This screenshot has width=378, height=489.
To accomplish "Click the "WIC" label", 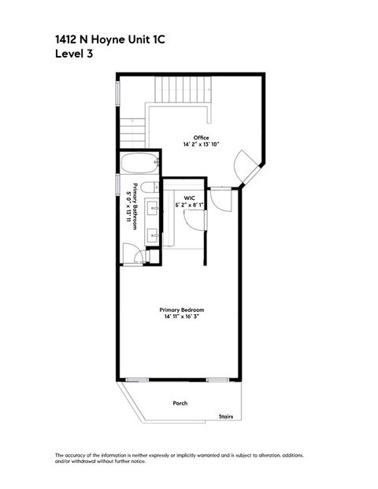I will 190,198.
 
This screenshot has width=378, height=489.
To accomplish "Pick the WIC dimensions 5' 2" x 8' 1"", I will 190,206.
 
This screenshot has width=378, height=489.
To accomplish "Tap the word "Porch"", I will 180,403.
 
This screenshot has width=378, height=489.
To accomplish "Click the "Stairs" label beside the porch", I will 228,417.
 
